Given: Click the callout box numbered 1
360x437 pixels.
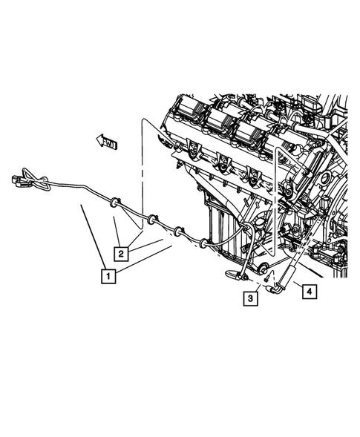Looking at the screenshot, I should pyautogui.click(x=108, y=277).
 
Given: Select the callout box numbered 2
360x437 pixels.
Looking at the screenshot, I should pyautogui.click(x=120, y=253).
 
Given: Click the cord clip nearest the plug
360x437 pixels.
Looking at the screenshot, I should pyautogui.click(x=114, y=201).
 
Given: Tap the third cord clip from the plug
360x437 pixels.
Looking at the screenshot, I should pyautogui.click(x=178, y=231).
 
